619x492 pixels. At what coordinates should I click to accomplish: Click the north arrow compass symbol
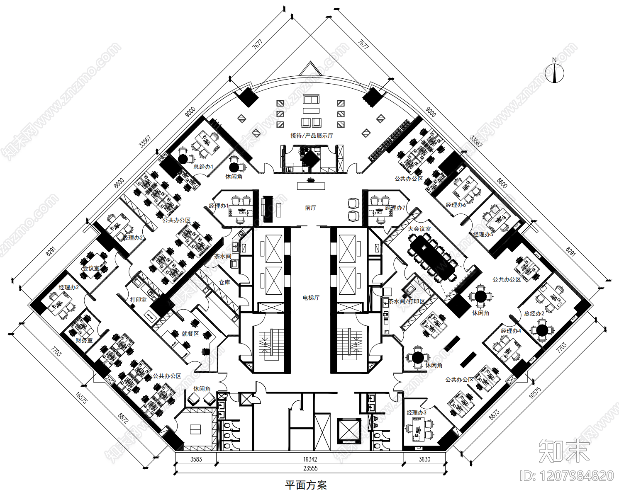click(x=554, y=73)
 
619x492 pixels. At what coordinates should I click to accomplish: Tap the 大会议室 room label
click(x=419, y=229)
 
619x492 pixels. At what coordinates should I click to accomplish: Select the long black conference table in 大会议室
click(x=432, y=256)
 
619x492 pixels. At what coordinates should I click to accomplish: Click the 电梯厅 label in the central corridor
click(x=311, y=298)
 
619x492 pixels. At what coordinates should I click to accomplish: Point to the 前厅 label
click(x=311, y=208)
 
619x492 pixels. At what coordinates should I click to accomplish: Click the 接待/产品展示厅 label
click(x=312, y=136)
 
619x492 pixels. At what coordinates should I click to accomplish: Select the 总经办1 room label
click(x=203, y=167)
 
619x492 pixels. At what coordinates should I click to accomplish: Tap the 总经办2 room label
click(x=534, y=313)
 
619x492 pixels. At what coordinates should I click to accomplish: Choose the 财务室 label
click(x=84, y=340)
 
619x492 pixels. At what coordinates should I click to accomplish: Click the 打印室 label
click(x=138, y=300)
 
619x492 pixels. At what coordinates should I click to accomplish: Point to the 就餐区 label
click(x=190, y=334)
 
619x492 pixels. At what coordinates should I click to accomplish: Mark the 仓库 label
click(x=224, y=282)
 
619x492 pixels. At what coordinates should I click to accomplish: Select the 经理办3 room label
click(x=417, y=412)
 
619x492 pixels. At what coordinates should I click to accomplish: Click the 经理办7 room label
click(x=395, y=208)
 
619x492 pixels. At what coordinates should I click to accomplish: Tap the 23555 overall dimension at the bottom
click(x=310, y=468)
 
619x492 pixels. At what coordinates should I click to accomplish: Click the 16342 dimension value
click(x=310, y=459)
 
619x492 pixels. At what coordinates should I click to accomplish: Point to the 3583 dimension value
click(x=196, y=459)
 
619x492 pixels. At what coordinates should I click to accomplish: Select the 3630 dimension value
click(x=424, y=459)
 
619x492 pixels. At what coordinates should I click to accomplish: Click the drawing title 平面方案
click(x=306, y=485)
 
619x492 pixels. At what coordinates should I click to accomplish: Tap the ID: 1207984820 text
click(x=567, y=476)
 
